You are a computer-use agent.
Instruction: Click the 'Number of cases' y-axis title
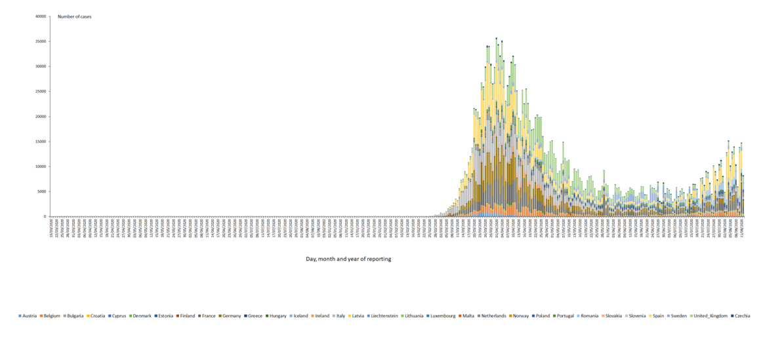coord(74,16)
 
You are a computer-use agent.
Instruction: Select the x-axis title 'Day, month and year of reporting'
coord(348,259)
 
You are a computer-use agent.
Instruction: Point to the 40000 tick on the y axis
coord(41,16)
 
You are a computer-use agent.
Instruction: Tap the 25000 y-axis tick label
coord(41,92)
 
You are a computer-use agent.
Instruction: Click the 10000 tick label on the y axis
coord(41,167)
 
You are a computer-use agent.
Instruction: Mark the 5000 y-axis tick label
coord(42,191)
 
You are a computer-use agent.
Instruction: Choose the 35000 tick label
coord(41,41)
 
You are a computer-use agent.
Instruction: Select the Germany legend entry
coord(230,316)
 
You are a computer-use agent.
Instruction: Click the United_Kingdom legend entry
coord(710,316)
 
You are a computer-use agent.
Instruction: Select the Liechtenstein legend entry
coord(383,316)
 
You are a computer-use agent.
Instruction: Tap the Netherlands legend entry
coord(492,316)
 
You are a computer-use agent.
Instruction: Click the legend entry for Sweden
coord(678,316)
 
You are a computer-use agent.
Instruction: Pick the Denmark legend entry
coord(140,316)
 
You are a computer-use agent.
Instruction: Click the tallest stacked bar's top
coord(496,38)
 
